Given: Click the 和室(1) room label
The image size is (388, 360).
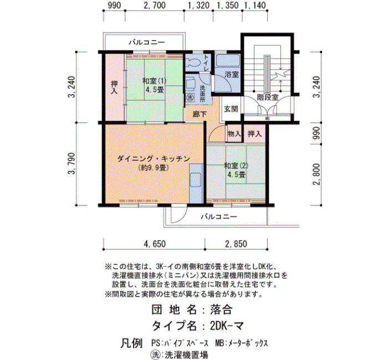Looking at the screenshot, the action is click(154, 81).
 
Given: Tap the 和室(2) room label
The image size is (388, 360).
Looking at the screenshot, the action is click(236, 166).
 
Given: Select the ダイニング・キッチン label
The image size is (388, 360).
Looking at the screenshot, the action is click(154, 159).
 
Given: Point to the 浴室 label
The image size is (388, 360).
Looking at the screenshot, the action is click(232, 74).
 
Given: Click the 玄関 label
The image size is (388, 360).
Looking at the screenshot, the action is click(231, 109).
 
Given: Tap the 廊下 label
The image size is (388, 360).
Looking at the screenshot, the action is click(200, 114).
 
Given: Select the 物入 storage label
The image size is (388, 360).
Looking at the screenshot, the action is click(234, 134).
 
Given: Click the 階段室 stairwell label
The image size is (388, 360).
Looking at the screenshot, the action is click(268, 97).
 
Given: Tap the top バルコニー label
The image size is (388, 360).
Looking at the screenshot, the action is click(146, 43).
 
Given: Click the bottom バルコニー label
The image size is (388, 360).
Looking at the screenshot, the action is click(219, 217).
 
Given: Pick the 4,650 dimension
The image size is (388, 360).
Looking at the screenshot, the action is click(155, 244).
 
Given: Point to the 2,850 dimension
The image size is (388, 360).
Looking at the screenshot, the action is click(236, 244).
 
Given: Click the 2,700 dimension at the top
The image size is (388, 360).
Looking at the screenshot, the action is click(155, 5).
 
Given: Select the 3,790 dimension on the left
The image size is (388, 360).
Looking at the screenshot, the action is click(72, 163).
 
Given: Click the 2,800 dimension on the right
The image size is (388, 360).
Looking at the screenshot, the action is click(316, 174).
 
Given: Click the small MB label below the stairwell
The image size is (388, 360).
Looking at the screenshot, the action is click(267, 119).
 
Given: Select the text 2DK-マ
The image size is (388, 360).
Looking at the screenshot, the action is click(227, 326).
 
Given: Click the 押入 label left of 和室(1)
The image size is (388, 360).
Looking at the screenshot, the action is click(114, 88).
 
